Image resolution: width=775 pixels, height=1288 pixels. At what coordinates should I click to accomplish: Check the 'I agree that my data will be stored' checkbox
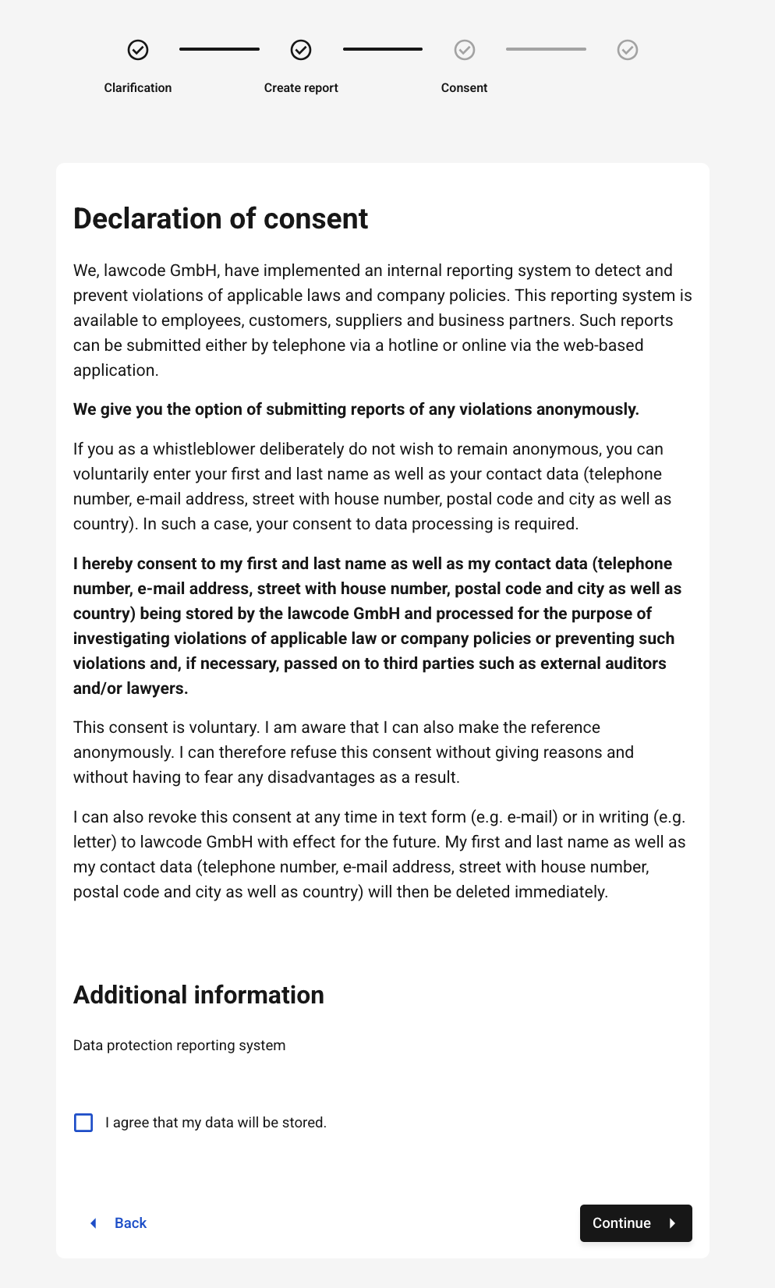click(83, 1123)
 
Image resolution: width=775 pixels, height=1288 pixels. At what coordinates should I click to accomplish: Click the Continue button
click(635, 1223)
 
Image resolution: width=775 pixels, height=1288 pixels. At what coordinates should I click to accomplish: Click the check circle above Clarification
click(138, 50)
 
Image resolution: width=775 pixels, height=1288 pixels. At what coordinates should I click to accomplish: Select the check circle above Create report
click(301, 50)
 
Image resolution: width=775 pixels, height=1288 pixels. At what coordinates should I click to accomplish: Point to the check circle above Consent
click(465, 50)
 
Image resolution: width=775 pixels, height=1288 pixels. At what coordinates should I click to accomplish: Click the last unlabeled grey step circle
click(628, 50)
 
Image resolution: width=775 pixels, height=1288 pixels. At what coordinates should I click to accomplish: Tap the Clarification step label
click(138, 88)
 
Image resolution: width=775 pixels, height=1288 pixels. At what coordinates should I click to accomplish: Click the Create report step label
click(301, 88)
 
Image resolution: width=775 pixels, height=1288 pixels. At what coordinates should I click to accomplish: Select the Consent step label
click(464, 88)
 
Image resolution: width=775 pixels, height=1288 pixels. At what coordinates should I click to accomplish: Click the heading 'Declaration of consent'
click(221, 219)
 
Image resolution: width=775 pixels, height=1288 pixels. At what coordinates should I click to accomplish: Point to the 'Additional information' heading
click(199, 996)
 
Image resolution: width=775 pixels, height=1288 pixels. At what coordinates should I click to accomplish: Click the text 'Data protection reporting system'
click(179, 1046)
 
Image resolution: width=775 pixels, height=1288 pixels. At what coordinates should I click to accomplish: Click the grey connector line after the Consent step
click(546, 49)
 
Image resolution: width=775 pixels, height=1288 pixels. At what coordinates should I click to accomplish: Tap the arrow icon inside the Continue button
click(672, 1223)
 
